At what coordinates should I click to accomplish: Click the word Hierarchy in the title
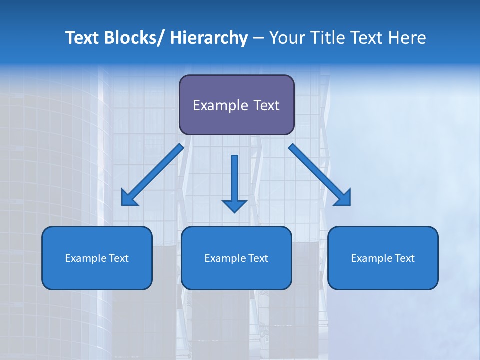pyautogui.click(x=209, y=38)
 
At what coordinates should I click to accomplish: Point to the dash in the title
pyautogui.click(x=258, y=38)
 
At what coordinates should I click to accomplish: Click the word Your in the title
pyautogui.click(x=287, y=38)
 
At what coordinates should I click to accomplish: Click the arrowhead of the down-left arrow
pyautogui.click(x=128, y=198)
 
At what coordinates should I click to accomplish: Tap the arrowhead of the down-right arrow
pyautogui.click(x=344, y=198)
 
